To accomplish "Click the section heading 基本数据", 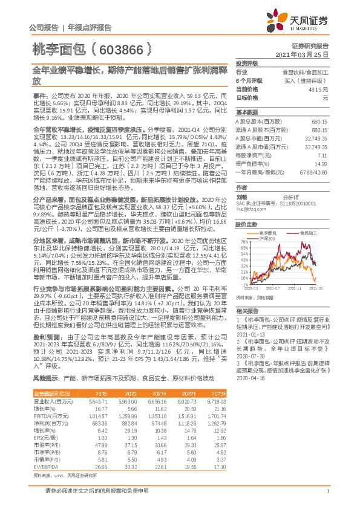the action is pos(247,112).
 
